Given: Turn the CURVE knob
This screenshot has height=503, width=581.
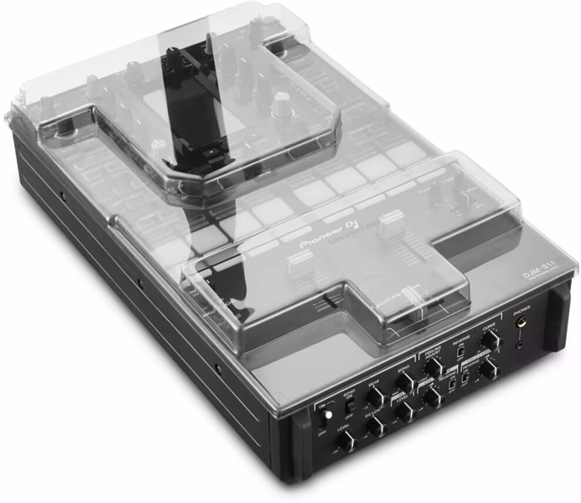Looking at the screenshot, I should coord(491,338).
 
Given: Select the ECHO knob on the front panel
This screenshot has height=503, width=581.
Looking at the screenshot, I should coord(405,381).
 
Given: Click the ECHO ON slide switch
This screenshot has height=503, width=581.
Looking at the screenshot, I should coord(349,406).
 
